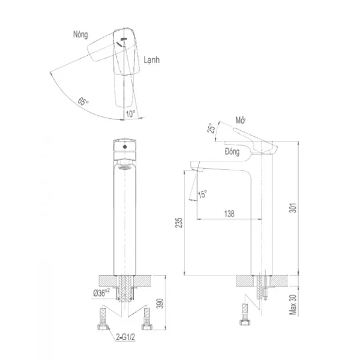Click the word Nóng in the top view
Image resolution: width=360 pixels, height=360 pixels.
(80, 35)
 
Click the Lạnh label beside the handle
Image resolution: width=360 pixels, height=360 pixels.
(152, 60)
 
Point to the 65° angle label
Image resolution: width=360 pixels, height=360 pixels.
(83, 101)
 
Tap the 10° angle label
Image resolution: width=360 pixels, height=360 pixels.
(130, 114)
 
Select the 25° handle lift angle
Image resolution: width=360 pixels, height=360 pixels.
(211, 128)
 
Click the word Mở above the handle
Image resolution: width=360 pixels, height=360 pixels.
(241, 121)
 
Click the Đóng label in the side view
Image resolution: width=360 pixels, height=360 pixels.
(232, 152)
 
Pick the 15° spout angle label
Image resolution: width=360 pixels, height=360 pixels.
(202, 194)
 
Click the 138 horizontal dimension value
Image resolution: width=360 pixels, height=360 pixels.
(229, 214)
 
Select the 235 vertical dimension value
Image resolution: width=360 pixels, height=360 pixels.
(179, 223)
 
